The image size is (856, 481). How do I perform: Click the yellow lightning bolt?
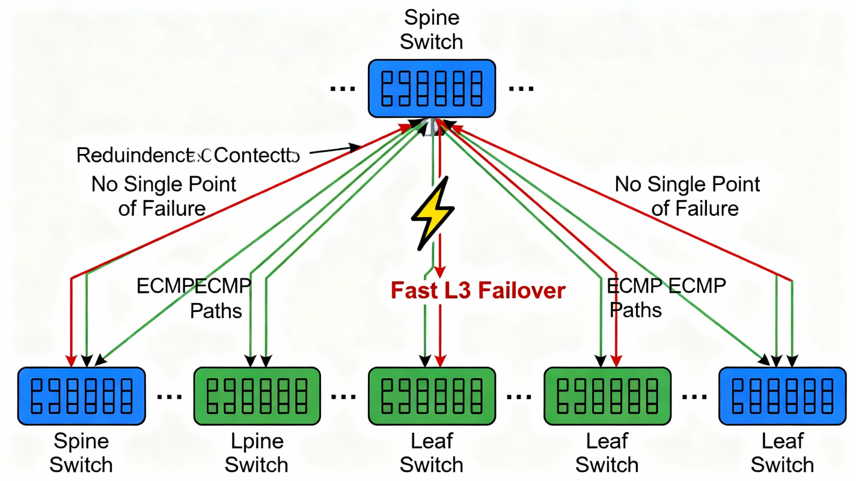pyautogui.click(x=432, y=213)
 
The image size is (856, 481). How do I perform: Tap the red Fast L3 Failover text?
pyautogui.click(x=478, y=290)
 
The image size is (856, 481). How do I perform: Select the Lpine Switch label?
pyautogui.click(x=257, y=453)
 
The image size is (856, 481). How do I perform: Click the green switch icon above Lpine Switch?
pyautogui.click(x=257, y=396)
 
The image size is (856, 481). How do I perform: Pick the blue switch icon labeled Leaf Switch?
pyautogui.click(x=782, y=396)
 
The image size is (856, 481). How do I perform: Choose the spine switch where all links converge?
pyautogui.click(x=432, y=88)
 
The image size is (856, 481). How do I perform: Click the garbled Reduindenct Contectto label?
pyautogui.click(x=188, y=155)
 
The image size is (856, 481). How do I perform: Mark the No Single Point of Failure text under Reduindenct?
pyautogui.click(x=164, y=196)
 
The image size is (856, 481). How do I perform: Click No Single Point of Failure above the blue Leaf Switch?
pyautogui.click(x=687, y=196)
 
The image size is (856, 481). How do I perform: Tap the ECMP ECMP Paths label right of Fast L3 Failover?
pyautogui.click(x=666, y=297)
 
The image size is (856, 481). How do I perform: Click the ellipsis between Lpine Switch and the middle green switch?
pyautogui.click(x=344, y=397)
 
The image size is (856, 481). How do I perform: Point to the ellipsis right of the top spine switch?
pyautogui.click(x=521, y=88)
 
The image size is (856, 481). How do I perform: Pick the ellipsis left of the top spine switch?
pyautogui.click(x=343, y=88)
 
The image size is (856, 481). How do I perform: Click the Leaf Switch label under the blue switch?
pyautogui.click(x=782, y=453)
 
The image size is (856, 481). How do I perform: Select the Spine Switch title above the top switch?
pyautogui.click(x=432, y=29)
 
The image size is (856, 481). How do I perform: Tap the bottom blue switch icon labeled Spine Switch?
pyautogui.click(x=81, y=396)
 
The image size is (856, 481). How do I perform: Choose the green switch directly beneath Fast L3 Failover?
pyautogui.click(x=432, y=396)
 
